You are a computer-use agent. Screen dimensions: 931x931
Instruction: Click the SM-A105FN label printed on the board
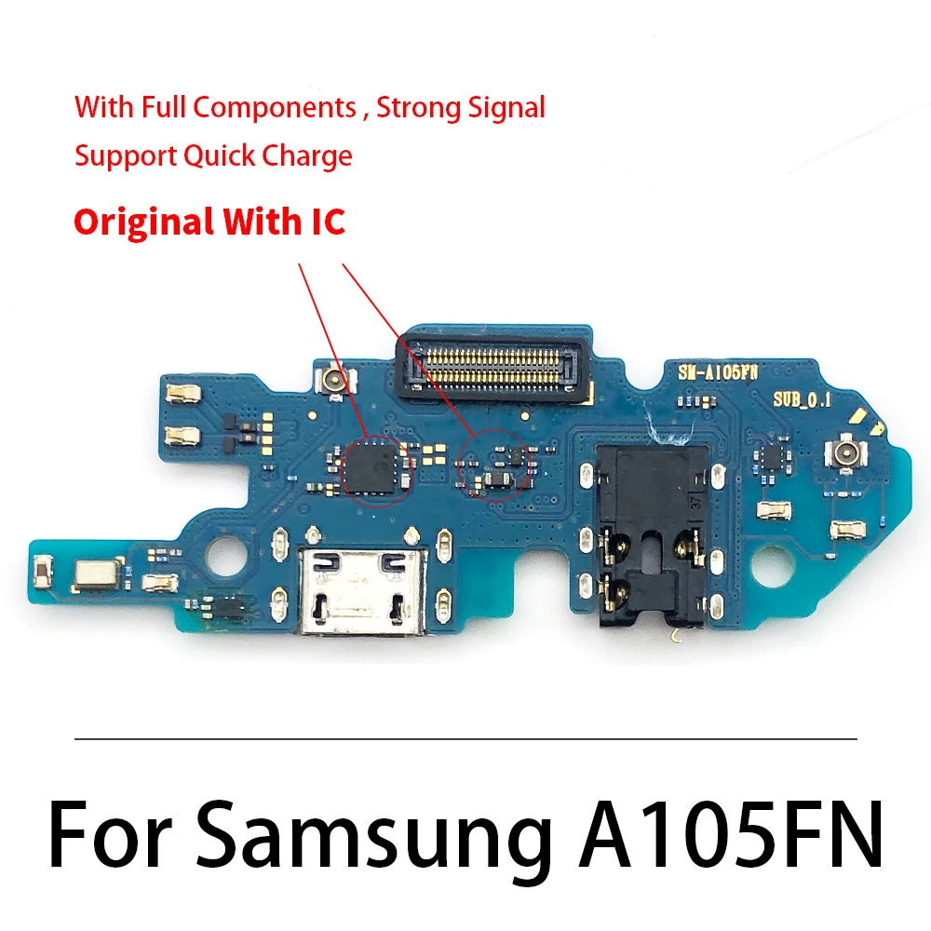(x=718, y=371)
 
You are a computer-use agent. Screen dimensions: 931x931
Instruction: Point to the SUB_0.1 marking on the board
(x=802, y=399)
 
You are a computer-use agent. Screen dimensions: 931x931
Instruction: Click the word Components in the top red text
(x=275, y=108)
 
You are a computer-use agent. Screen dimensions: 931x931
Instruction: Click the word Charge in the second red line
(x=307, y=155)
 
